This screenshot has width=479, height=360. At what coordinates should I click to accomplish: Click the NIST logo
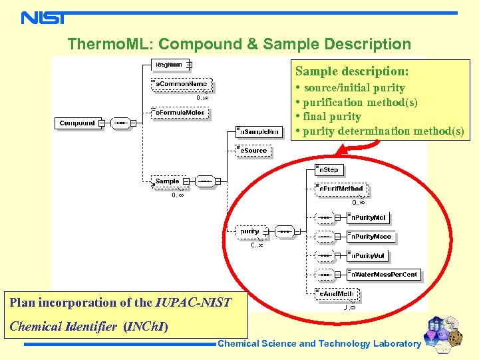pyautogui.click(x=43, y=17)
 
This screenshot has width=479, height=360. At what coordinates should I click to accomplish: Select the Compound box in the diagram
pyautogui.click(x=77, y=123)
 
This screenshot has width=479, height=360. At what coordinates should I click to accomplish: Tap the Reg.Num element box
pyautogui.click(x=169, y=65)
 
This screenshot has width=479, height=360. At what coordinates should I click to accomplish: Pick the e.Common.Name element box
pyautogui.click(x=181, y=85)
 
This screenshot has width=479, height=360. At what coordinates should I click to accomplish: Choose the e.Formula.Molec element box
pyautogui.click(x=180, y=113)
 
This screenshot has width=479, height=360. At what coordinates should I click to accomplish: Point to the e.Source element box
pyautogui.click(x=252, y=151)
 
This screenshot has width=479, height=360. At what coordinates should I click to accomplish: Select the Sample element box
pyautogui.click(x=168, y=181)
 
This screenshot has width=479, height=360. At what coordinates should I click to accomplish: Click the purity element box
pyautogui.click(x=249, y=231)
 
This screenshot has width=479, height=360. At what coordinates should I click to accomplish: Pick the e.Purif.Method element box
pyautogui.click(x=340, y=189)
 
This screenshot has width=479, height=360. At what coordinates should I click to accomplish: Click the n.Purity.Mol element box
pyautogui.click(x=368, y=217)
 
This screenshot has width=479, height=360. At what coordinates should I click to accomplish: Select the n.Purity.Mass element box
pyautogui.click(x=371, y=237)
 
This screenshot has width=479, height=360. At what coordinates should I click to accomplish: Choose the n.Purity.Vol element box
pyautogui.click(x=367, y=255)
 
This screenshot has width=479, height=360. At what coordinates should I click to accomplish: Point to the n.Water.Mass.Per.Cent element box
pyautogui.click(x=383, y=274)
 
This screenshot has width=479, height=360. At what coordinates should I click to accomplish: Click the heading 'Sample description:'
pyautogui.click(x=352, y=71)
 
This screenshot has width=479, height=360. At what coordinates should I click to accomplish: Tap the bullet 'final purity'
pyautogui.click(x=332, y=117)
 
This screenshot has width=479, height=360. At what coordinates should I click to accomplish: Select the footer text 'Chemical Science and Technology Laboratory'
pyautogui.click(x=319, y=344)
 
